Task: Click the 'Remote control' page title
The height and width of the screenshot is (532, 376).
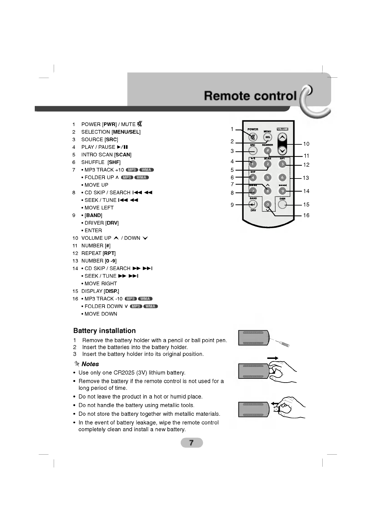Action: [250, 95]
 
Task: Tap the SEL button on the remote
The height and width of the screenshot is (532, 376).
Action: [268, 137]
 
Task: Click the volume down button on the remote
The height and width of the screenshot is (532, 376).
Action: [282, 150]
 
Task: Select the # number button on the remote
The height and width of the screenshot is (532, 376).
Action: [268, 150]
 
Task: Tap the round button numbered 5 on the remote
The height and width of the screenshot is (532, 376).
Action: [268, 178]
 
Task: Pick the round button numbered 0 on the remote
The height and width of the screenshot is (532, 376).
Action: [268, 204]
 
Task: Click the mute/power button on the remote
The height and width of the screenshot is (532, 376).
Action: [252, 137]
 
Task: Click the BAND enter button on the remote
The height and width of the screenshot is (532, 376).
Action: [253, 204]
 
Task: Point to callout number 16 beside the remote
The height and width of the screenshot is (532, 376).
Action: [306, 215]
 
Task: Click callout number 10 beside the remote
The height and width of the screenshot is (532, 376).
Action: [306, 144]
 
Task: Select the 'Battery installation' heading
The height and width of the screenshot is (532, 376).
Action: [104, 331]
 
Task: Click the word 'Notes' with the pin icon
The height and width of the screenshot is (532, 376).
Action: [90, 364]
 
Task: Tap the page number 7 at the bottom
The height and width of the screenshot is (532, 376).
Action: [191, 443]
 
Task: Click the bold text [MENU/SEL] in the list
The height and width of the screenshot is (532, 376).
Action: [126, 132]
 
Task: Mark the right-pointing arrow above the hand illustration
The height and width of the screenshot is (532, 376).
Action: [272, 358]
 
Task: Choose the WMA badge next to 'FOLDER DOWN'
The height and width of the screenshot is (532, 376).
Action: [150, 306]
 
